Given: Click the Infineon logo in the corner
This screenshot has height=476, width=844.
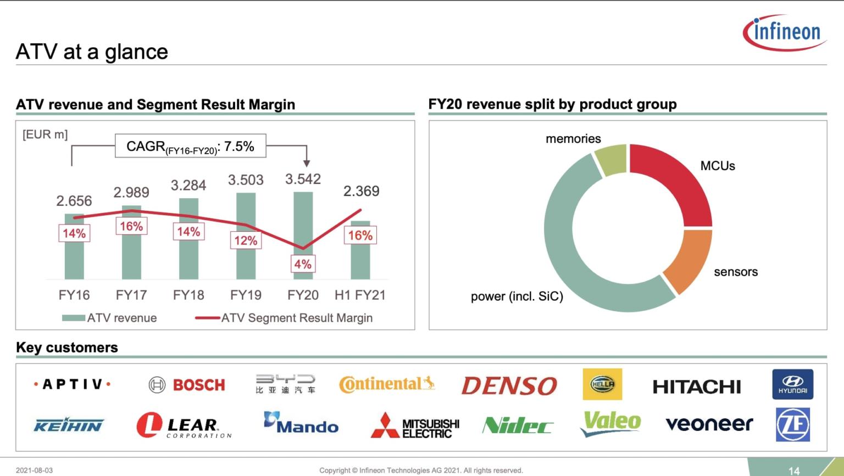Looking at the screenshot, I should point(785,32).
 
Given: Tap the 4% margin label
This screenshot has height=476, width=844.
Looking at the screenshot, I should point(303,264).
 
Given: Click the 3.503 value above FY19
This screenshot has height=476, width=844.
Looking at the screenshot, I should point(246,180).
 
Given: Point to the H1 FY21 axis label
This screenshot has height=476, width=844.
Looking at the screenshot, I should point(360,295).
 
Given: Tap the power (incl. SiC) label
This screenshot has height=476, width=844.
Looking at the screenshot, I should point(517,296).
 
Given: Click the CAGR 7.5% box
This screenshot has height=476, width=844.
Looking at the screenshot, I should point(190,146).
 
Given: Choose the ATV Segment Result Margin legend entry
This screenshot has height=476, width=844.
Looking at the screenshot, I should point(284,318).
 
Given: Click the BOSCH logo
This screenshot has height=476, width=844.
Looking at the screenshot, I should point(187,385).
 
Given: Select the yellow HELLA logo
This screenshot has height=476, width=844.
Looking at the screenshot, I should point(602,384).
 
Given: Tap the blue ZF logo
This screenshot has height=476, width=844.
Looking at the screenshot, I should point(792,424).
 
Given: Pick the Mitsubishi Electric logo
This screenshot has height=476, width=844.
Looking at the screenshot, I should point(415,425).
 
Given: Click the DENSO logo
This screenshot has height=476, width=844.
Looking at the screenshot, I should point(509,386).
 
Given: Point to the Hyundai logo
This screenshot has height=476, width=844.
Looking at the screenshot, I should point(792,384).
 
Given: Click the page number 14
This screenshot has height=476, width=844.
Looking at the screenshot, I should point(793,471).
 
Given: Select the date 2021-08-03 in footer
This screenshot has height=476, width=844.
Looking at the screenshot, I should point(34,471).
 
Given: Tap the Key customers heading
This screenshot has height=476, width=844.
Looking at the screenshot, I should point(67,348).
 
